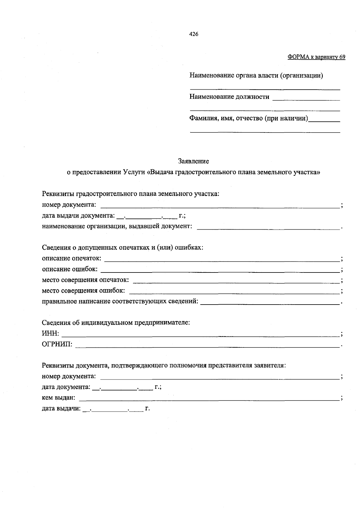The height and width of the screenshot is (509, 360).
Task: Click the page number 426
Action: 193,34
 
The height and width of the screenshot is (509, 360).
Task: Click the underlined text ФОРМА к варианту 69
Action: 316,57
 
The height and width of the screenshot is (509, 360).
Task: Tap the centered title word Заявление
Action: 193,161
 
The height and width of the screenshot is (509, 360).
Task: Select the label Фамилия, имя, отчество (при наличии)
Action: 249,118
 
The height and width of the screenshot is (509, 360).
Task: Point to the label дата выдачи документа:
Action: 78,216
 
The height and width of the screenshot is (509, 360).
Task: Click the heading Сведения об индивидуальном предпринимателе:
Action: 116,323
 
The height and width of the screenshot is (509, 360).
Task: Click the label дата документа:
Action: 66,387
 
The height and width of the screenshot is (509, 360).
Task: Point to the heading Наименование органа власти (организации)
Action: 256,76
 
